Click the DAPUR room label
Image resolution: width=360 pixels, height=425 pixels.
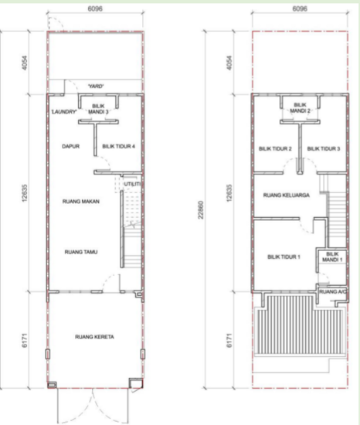[71, 144]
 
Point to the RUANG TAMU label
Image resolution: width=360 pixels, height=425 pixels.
[80, 252]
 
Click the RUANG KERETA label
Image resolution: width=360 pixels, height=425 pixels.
[93, 337]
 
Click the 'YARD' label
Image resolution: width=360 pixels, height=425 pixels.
[97, 86]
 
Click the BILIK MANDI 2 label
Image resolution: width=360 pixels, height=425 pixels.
[301, 107]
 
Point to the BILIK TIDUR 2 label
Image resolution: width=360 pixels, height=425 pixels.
[276, 148]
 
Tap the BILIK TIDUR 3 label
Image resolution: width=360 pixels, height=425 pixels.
[324, 148]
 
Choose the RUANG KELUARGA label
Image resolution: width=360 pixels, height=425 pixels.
[286, 195]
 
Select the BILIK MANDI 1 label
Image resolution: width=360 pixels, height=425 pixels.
[333, 257]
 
